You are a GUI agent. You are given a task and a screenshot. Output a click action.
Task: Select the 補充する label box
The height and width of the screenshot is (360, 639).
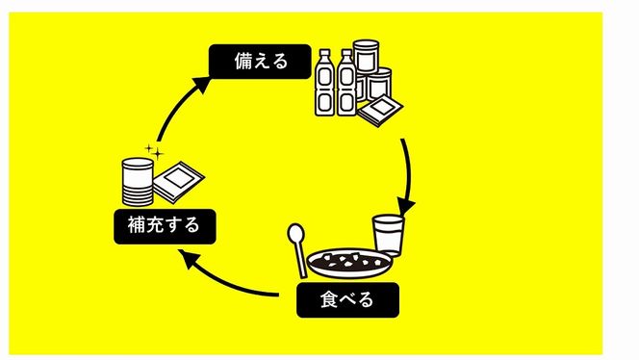pos(163,227)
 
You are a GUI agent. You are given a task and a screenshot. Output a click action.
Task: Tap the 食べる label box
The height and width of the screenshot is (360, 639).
pos(346,300)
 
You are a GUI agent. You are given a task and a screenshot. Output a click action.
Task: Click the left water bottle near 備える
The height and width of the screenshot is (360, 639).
pos(327,83)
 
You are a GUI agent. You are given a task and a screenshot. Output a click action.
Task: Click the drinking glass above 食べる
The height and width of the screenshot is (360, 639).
pos(388,235)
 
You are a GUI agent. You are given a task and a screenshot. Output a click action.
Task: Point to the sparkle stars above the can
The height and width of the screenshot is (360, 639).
pos(152,151)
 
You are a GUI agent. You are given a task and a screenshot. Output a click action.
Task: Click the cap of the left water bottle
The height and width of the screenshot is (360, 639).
pos(327,54)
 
